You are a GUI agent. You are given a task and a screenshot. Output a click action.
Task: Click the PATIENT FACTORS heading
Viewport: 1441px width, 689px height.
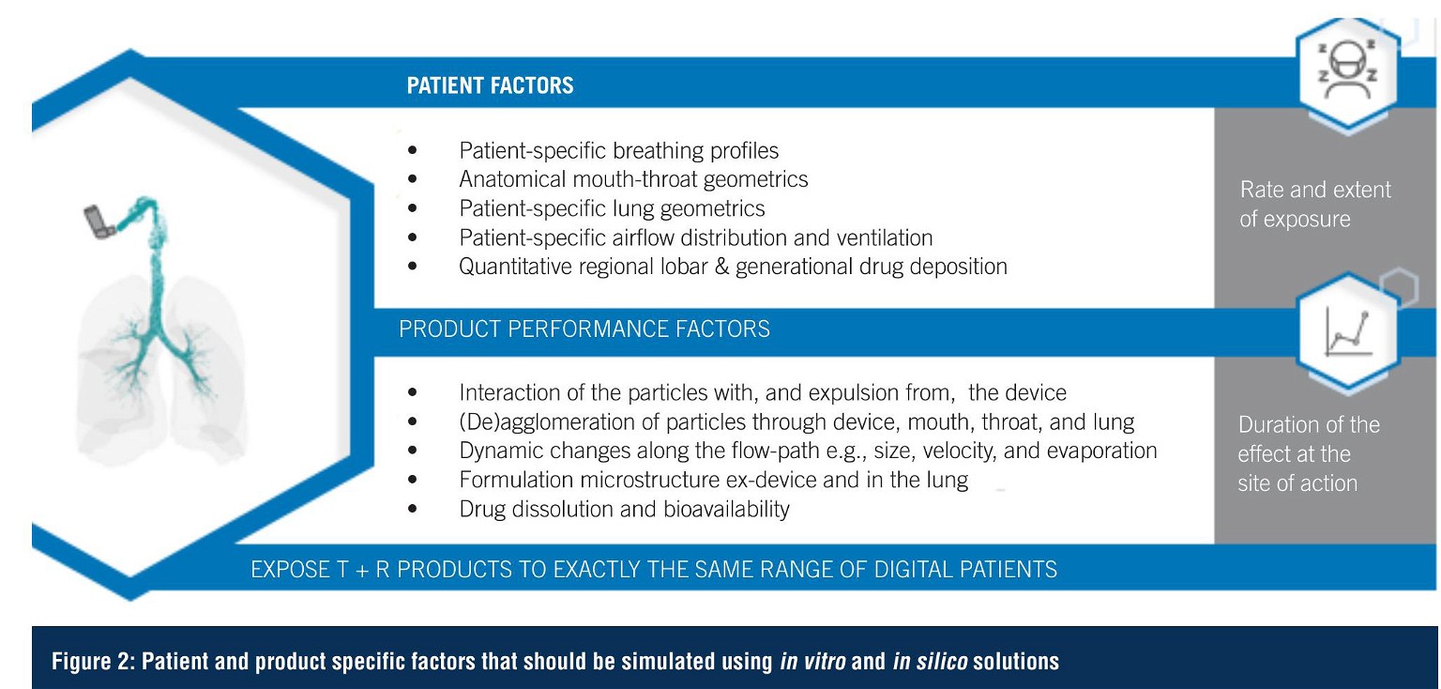[x=490, y=85]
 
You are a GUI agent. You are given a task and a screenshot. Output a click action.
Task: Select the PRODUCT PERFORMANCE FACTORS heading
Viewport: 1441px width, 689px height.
[x=584, y=329]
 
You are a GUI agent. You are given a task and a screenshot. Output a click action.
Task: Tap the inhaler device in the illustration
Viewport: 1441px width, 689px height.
[x=99, y=222]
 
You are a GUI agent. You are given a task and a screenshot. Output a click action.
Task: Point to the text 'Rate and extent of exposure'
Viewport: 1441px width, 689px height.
[x=1315, y=204]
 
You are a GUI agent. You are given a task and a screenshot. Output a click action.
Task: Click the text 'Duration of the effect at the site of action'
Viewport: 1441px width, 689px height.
[x=1308, y=453]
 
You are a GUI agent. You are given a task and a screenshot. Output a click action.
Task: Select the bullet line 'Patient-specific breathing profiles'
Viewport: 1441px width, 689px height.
[x=618, y=150]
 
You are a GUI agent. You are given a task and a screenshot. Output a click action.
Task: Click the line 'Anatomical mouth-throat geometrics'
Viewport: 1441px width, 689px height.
[x=633, y=178]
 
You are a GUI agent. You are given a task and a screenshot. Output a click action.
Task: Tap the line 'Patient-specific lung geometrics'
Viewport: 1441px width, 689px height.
[x=612, y=208]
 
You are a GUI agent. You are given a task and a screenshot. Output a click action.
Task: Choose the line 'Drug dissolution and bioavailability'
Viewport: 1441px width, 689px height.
[x=624, y=509]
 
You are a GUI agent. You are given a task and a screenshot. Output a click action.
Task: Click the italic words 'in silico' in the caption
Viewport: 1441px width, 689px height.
[x=929, y=662]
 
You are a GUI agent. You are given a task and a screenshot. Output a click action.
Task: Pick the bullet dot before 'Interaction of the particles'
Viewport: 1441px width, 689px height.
[x=413, y=393]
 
